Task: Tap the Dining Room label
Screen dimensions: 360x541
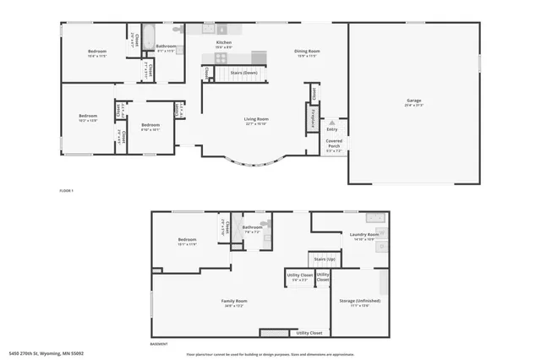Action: (x=305, y=52)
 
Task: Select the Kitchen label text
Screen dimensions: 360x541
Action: (x=223, y=41)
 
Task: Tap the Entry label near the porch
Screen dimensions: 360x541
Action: (x=331, y=128)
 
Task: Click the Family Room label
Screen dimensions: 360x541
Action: (x=235, y=301)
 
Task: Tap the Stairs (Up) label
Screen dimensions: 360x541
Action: (x=324, y=259)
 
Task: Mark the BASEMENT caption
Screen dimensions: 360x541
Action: (x=160, y=344)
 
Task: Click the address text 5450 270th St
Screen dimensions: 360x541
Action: (x=46, y=353)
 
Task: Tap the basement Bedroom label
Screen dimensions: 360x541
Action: (x=187, y=240)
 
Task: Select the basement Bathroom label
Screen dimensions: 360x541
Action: (x=253, y=227)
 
